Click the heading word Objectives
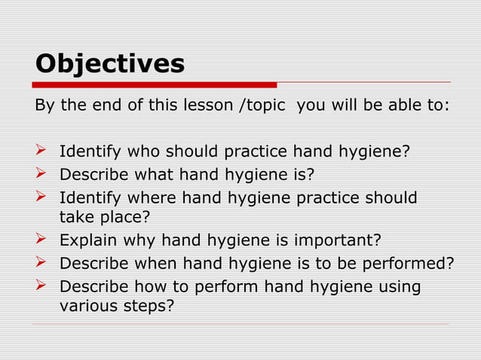click(x=110, y=63)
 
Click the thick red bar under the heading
click(x=155, y=84)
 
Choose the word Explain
click(x=89, y=241)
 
